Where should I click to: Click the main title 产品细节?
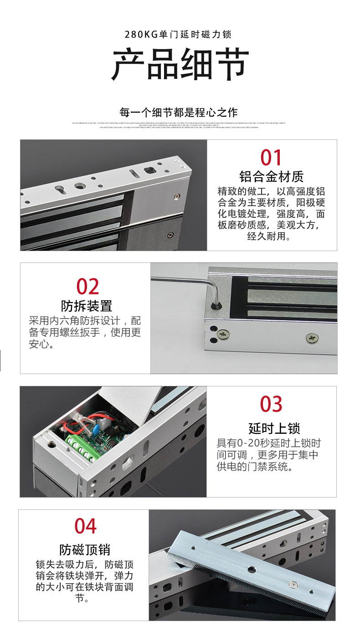coord(180,65)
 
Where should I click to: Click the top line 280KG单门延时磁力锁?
coord(180,35)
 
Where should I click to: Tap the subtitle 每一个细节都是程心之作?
coord(179,112)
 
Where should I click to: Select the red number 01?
coord(271,158)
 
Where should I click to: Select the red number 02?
coord(87,287)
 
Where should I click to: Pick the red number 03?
coord(271,404)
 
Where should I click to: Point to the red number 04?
coord(86,526)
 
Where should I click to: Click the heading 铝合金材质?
coord(271,177)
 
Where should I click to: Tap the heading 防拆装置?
coord(87,306)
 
